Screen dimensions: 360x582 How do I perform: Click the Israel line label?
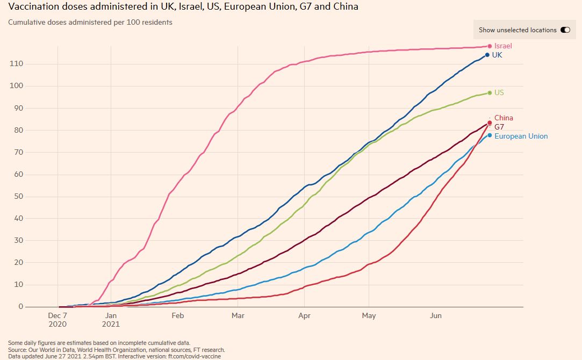503,46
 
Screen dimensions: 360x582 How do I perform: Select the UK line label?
497,55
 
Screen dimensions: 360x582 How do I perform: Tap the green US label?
499,93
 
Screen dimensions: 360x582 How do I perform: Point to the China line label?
504,118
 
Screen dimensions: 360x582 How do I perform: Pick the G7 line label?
499,127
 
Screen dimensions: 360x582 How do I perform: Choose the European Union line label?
521,136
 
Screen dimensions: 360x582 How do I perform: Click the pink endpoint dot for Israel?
490,46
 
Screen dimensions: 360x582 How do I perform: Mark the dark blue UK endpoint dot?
487,55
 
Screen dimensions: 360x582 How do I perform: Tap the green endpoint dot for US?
490,93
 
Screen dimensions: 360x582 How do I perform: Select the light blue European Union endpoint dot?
490,135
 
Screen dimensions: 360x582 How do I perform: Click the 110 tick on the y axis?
16,64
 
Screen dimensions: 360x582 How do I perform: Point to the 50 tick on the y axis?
18,196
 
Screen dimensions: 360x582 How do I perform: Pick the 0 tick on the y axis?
20,307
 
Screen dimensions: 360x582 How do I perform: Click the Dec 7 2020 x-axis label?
58,320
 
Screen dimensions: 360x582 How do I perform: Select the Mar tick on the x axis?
238,316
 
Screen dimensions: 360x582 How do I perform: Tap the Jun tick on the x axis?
435,316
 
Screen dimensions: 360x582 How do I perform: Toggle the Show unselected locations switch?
565,30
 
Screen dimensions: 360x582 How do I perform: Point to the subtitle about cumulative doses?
90,23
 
